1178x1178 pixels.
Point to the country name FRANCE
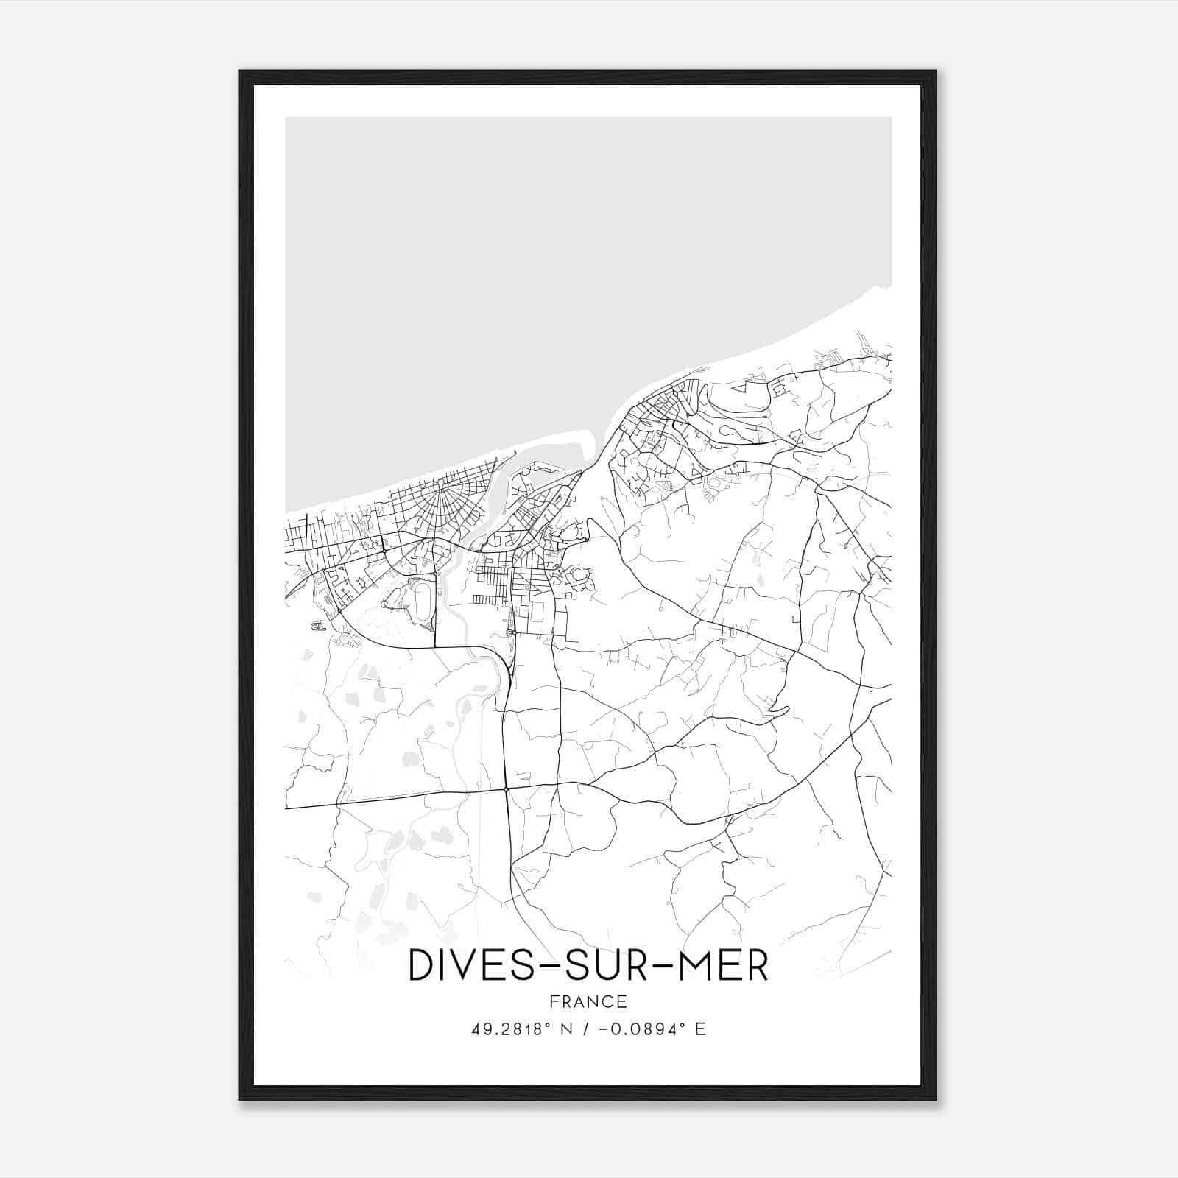click(588, 1002)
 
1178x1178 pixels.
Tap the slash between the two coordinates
click(585, 1029)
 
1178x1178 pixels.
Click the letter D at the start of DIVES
click(422, 966)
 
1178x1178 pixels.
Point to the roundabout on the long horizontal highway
click(507, 790)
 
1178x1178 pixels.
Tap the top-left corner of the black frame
click(240, 71)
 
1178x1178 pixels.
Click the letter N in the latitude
click(565, 1029)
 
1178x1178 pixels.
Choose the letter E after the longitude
click(700, 1029)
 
